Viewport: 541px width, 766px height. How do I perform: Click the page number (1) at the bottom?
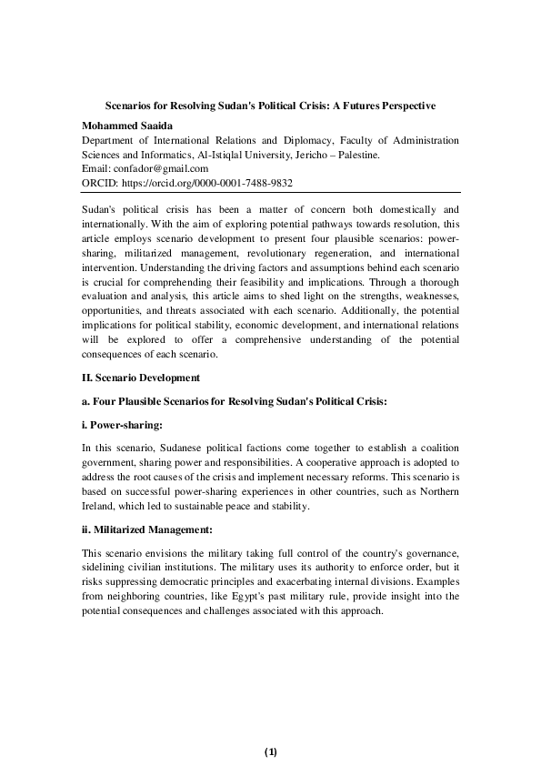coord(270,751)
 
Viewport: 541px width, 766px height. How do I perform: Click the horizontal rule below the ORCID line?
coord(270,191)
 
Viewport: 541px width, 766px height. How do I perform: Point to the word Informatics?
coord(162,155)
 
